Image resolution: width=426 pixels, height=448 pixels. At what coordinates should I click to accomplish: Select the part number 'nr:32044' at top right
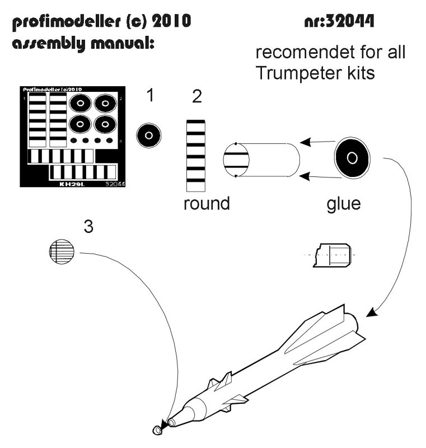(339, 22)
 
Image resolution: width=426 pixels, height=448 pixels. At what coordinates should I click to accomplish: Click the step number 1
(149, 96)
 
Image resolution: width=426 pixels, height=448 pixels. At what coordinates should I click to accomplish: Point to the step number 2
(196, 97)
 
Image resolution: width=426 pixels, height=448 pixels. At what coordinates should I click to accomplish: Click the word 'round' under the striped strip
(207, 203)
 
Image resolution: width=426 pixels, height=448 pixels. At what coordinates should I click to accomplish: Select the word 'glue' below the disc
(344, 203)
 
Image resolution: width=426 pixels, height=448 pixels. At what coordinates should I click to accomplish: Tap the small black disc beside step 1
(149, 136)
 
